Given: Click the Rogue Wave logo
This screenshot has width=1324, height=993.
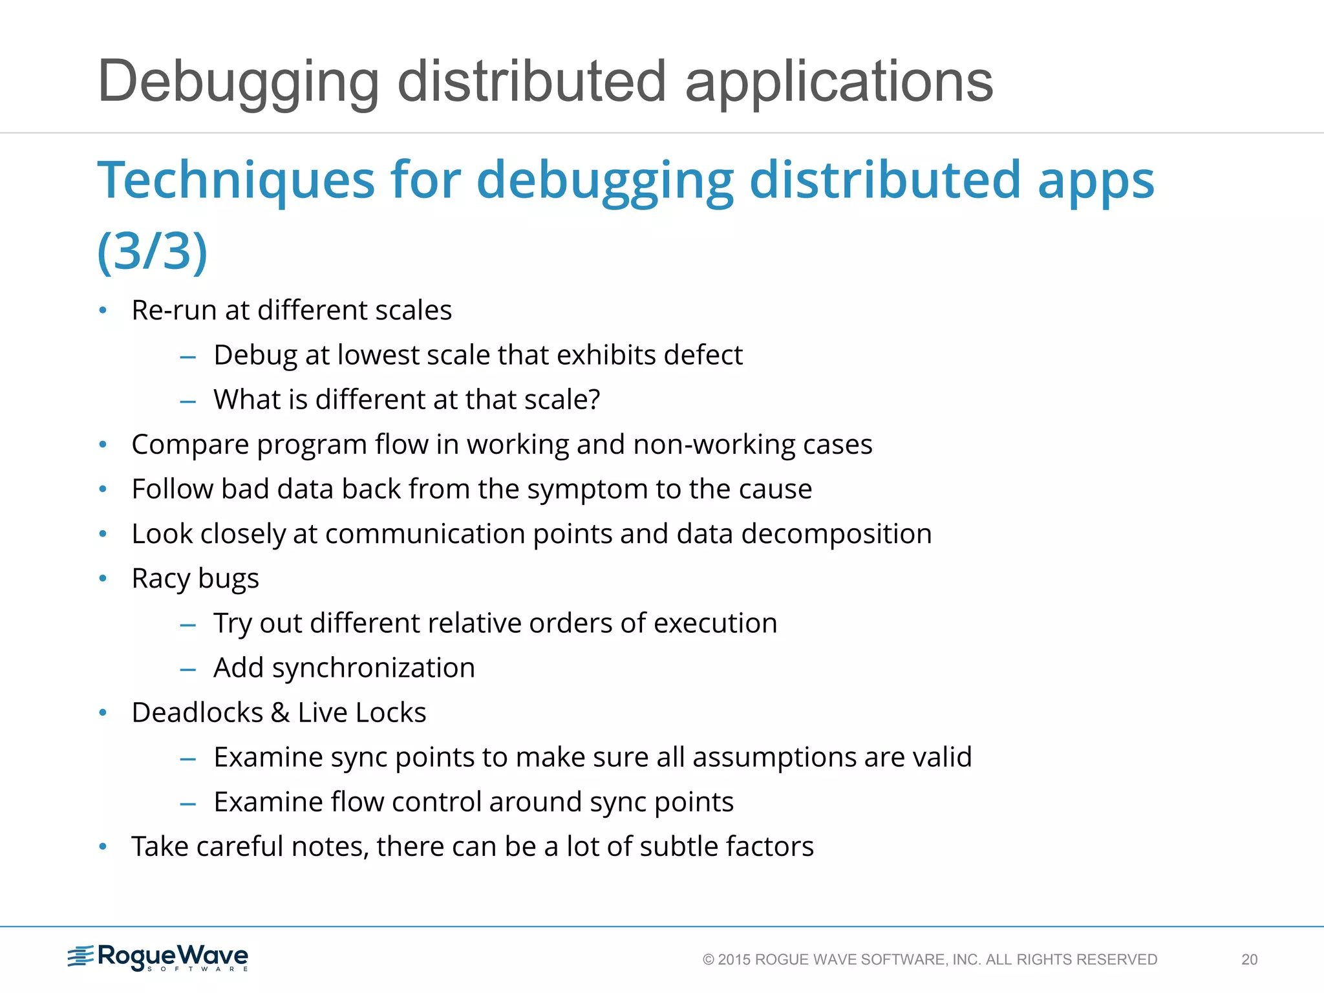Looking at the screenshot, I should pyautogui.click(x=158, y=957).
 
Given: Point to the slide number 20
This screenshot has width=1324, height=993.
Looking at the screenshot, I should pyautogui.click(x=1249, y=959).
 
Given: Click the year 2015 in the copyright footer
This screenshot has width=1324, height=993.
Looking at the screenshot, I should pyautogui.click(x=734, y=959).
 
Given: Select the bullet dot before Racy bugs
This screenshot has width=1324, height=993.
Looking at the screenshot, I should pyautogui.click(x=103, y=579).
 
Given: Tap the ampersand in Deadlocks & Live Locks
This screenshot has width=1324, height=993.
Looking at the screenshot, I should pyautogui.click(x=280, y=712).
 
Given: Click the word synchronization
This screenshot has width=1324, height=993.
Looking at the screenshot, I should pyautogui.click(x=373, y=668).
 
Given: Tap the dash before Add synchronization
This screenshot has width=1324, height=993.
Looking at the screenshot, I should pyautogui.click(x=188, y=669).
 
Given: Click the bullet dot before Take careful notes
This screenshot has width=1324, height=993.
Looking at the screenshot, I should pyautogui.click(x=103, y=847).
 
